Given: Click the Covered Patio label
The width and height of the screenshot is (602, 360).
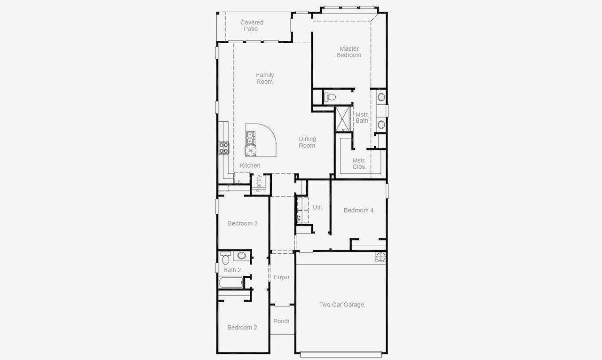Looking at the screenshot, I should pyautogui.click(x=252, y=25).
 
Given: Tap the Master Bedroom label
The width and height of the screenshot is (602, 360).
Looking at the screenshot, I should pyautogui.click(x=349, y=52).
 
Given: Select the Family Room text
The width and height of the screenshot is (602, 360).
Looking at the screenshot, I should pyautogui.click(x=264, y=78).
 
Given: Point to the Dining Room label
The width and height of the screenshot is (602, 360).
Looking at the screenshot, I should pyautogui.click(x=307, y=142).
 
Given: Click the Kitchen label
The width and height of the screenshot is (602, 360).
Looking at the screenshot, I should pyautogui.click(x=250, y=165).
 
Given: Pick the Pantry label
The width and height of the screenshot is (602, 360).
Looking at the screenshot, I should pyautogui.click(x=259, y=183).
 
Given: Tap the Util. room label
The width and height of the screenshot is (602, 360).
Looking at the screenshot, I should pyautogui.click(x=318, y=207).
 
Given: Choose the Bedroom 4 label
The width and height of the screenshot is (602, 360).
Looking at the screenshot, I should pyautogui.click(x=358, y=210).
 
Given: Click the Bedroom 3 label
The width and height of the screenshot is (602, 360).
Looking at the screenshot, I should pyautogui.click(x=242, y=223).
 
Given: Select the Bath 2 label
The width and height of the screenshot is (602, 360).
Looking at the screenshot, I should pyautogui.click(x=232, y=270).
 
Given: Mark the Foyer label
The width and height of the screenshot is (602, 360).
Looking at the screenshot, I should pyautogui.click(x=282, y=277).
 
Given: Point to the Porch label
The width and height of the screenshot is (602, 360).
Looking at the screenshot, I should pyautogui.click(x=281, y=321).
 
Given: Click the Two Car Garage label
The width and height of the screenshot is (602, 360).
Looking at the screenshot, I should pyautogui.click(x=341, y=305).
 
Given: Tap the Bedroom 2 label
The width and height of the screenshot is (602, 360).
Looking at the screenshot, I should pyautogui.click(x=242, y=327).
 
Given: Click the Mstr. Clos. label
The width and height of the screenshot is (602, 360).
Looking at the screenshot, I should pyautogui.click(x=359, y=163).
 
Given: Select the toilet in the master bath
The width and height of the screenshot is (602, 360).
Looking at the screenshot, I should pyautogui.click(x=331, y=97).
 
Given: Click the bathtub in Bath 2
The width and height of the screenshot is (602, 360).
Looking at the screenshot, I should pyautogui.click(x=230, y=282).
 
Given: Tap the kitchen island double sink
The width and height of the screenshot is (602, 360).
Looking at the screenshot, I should pyautogui.click(x=250, y=138).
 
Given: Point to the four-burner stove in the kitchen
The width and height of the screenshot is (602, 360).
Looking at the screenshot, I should pyautogui.click(x=223, y=148).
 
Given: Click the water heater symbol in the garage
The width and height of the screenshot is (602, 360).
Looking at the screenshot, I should pyautogui.click(x=381, y=257).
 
